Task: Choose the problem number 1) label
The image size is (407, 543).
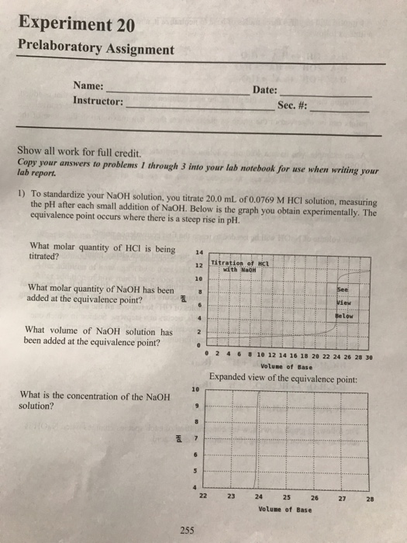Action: click(22, 190)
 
